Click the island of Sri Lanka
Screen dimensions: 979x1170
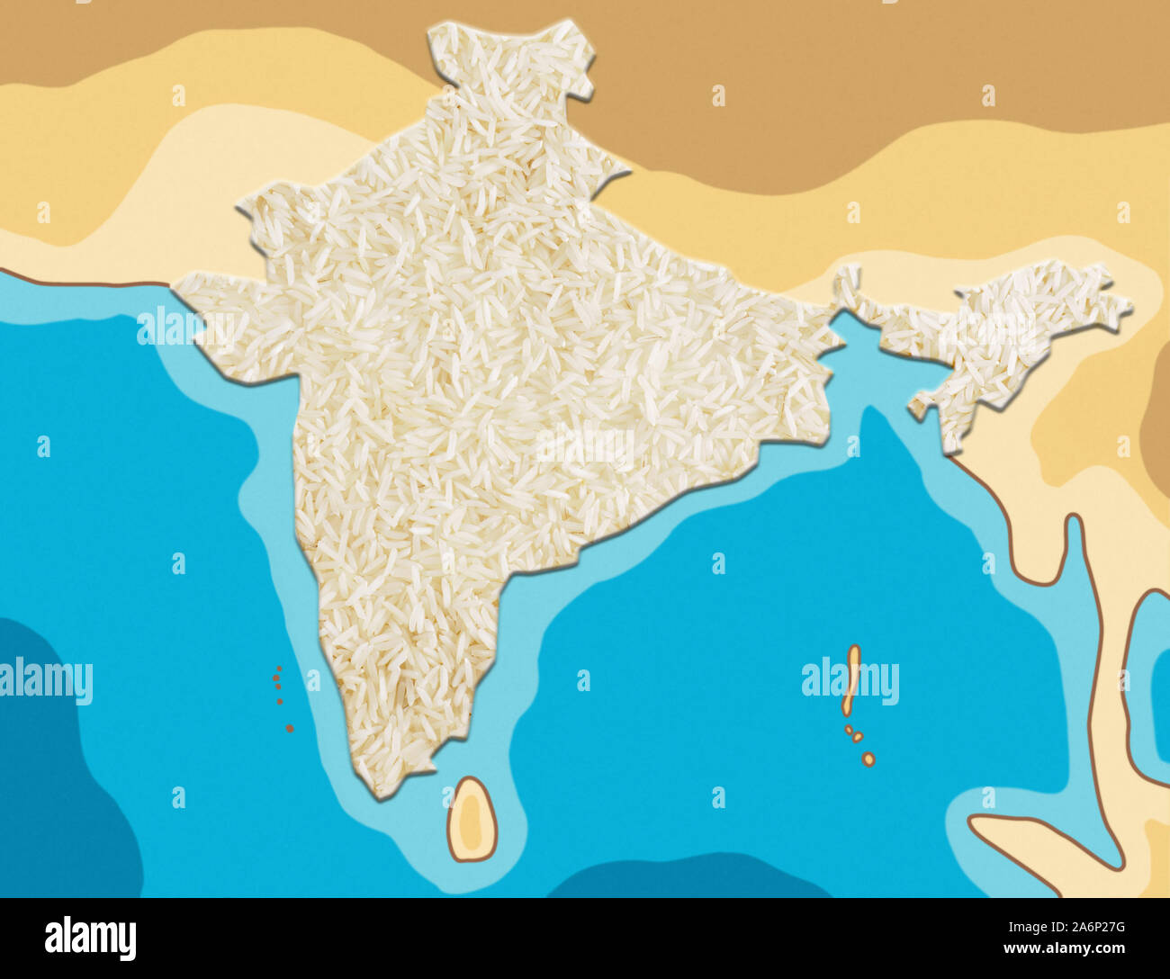(x=472, y=820)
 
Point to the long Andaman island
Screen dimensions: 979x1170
(x=851, y=679)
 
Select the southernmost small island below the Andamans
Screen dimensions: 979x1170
(x=868, y=759)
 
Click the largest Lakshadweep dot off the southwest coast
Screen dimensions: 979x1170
(x=289, y=727)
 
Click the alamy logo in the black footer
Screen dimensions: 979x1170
(x=91, y=939)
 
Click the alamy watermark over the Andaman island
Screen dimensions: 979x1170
(x=850, y=682)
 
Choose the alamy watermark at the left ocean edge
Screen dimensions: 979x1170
(x=45, y=681)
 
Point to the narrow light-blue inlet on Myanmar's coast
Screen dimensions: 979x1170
(x=1075, y=576)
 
